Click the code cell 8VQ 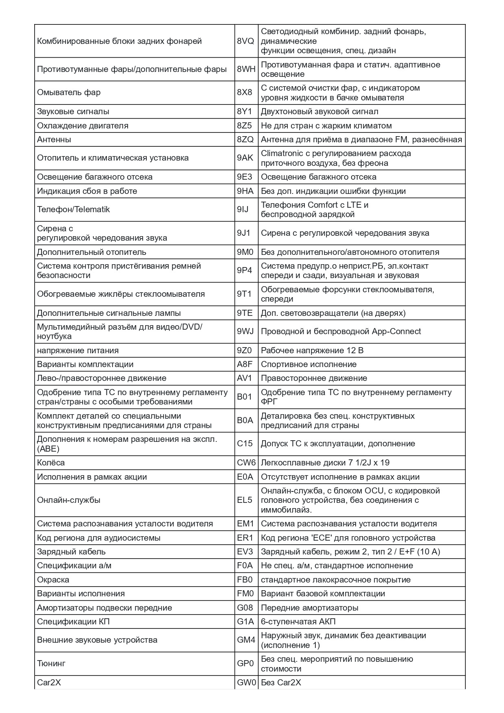point(245,41)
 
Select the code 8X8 point(244,93)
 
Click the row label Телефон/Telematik point(73,210)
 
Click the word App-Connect point(396,332)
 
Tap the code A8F point(244,365)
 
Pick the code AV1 point(244,378)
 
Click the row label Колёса point(51,463)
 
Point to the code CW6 point(246,463)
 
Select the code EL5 point(244,500)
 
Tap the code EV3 point(245,552)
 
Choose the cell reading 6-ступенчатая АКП point(298,622)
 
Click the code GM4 point(246,640)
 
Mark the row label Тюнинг point(51,664)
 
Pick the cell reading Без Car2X point(281,683)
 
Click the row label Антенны point(54,140)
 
